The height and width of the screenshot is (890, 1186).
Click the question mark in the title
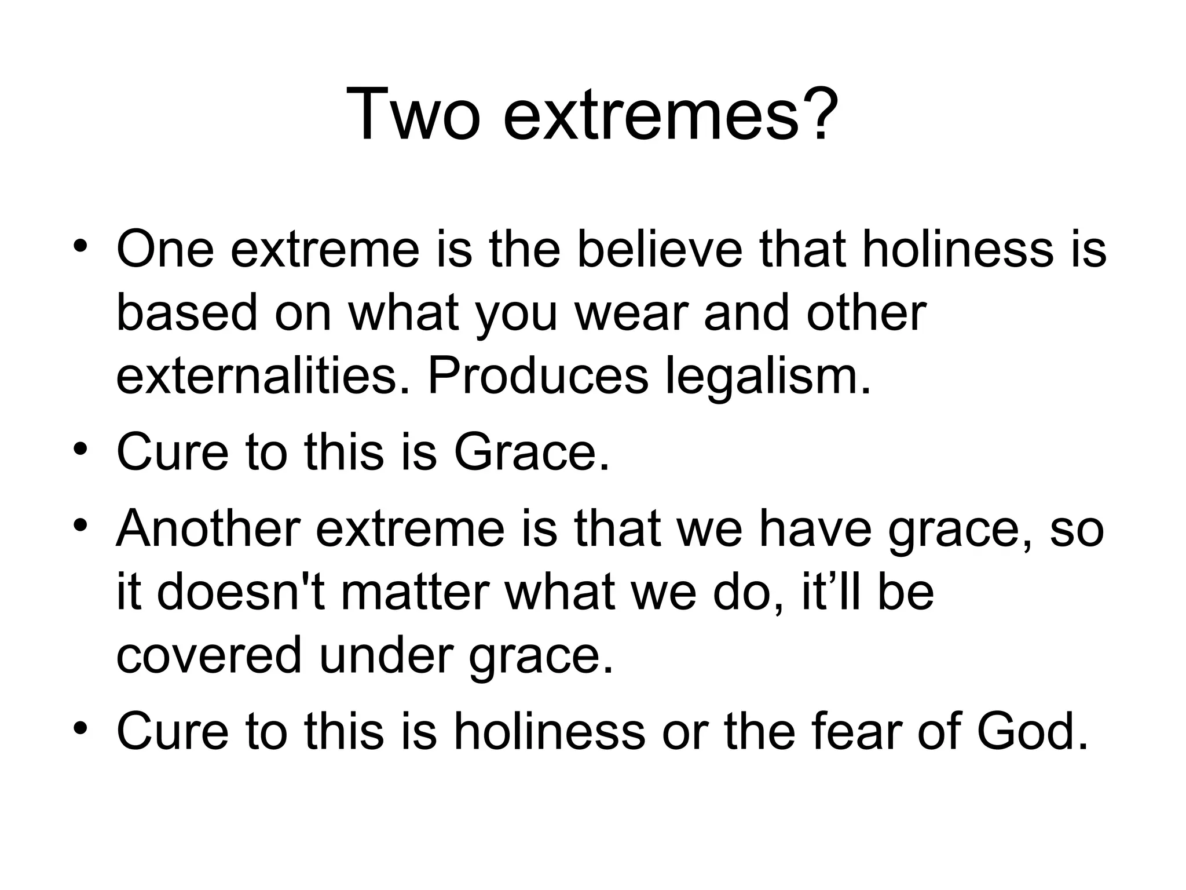pyautogui.click(x=818, y=114)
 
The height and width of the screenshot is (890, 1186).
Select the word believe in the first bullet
pyautogui.click(x=660, y=250)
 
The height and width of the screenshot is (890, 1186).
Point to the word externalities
pyautogui.click(x=263, y=377)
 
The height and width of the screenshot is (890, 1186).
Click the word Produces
pyautogui.click(x=538, y=377)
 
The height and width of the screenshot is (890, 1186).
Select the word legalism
pyautogui.click(x=768, y=377)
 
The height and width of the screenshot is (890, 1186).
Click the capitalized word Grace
pyautogui.click(x=531, y=452)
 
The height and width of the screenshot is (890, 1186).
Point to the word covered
pyautogui.click(x=209, y=656)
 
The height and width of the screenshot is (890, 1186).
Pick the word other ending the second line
pyautogui.click(x=867, y=313)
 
